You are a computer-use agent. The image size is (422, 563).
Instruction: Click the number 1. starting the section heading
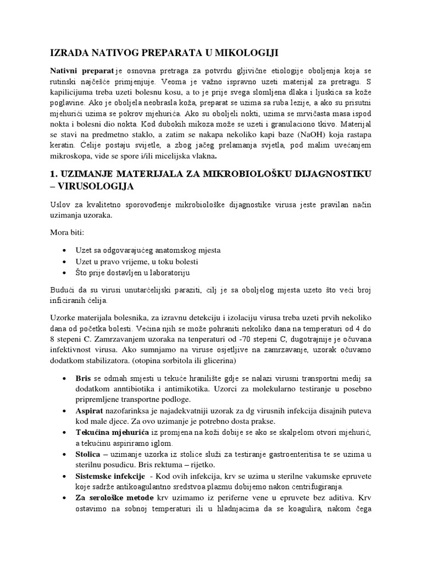point(55,174)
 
